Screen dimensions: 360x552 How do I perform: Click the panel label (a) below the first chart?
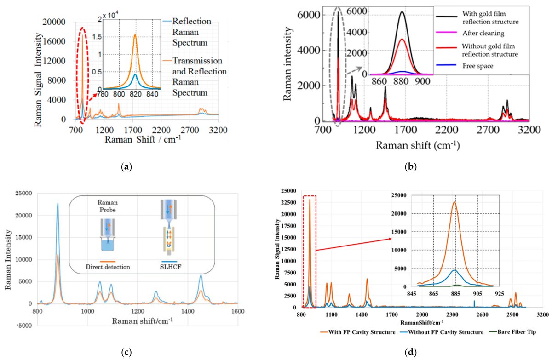coord(125,167)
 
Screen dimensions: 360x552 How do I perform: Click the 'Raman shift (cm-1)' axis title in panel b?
coord(419,145)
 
